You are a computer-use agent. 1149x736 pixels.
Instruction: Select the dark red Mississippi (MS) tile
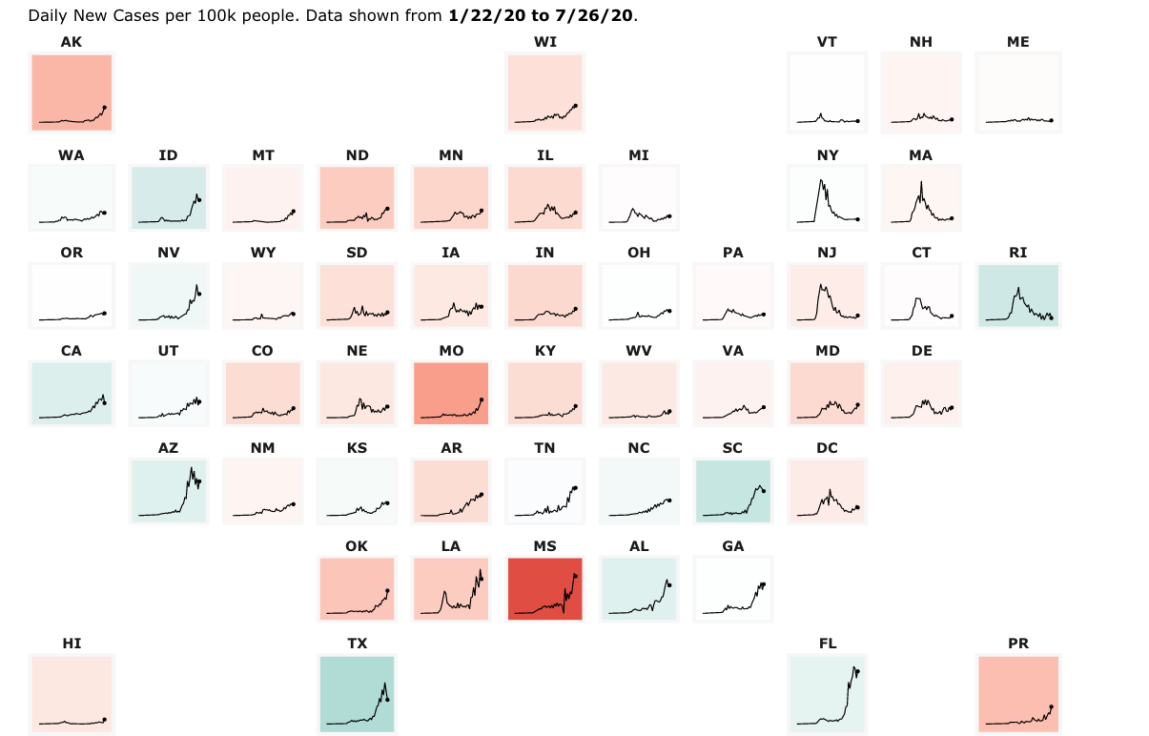(545, 588)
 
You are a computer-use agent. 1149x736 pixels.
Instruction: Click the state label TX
(357, 644)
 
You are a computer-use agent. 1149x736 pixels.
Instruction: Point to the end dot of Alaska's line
(104, 108)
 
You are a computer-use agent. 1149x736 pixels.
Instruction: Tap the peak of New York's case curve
(818, 180)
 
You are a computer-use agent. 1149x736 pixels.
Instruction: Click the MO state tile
(451, 393)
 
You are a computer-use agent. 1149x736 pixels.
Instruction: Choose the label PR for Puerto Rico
(1018, 644)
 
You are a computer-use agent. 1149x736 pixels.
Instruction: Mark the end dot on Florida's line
(858, 672)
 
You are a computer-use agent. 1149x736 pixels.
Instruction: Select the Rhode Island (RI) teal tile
(1018, 296)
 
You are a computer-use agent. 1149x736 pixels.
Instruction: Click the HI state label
(72, 644)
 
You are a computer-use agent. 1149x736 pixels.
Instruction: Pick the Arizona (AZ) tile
(168, 491)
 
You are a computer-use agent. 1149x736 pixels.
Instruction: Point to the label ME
(1018, 42)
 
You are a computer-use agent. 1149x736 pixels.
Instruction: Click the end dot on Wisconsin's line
(575, 105)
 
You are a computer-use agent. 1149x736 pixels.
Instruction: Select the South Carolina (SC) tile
(732, 491)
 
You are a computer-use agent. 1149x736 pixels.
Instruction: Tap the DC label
(827, 448)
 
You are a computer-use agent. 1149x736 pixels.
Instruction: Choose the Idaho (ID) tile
(168, 197)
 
